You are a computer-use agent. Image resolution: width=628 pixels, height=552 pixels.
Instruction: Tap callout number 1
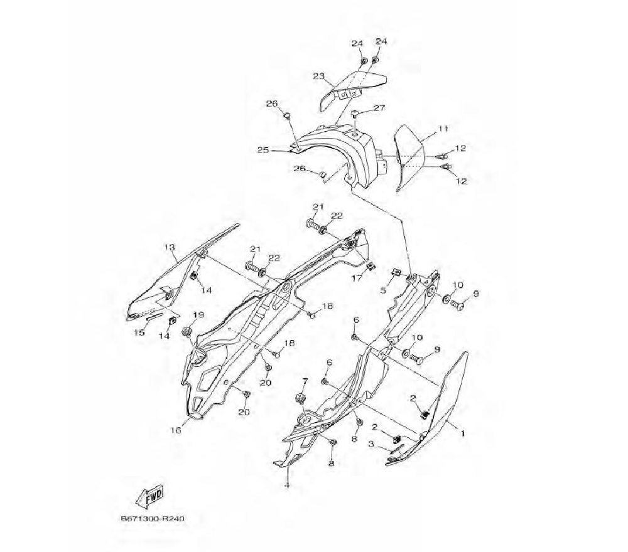coord(463,433)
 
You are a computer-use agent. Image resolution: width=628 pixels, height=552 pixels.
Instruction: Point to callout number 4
coord(286,485)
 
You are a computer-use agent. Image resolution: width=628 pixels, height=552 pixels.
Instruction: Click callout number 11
coord(443,129)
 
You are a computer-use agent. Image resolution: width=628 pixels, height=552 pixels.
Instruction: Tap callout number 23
coord(318,76)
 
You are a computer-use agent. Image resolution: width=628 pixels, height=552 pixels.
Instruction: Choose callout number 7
coord(305,381)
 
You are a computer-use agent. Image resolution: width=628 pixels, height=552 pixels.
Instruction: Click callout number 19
coord(198,315)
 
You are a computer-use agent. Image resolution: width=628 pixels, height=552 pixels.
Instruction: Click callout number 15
coord(139,332)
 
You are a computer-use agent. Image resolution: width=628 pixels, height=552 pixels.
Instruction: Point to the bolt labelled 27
coord(356,115)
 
